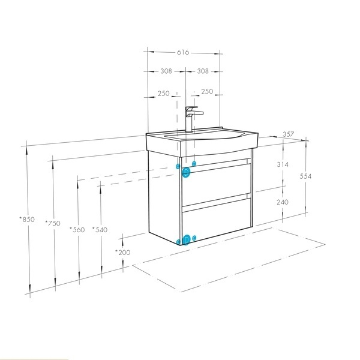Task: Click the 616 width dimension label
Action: [x=183, y=52]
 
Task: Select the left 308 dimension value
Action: [x=166, y=71]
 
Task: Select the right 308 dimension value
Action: [x=203, y=71]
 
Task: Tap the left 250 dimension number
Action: [x=163, y=94]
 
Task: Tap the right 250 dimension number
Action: [x=207, y=91]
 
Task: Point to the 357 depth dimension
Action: [x=288, y=134]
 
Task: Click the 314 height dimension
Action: [x=283, y=164]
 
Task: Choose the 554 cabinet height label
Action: [x=305, y=176]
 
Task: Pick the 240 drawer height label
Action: [x=283, y=202]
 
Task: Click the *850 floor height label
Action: [x=27, y=219]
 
